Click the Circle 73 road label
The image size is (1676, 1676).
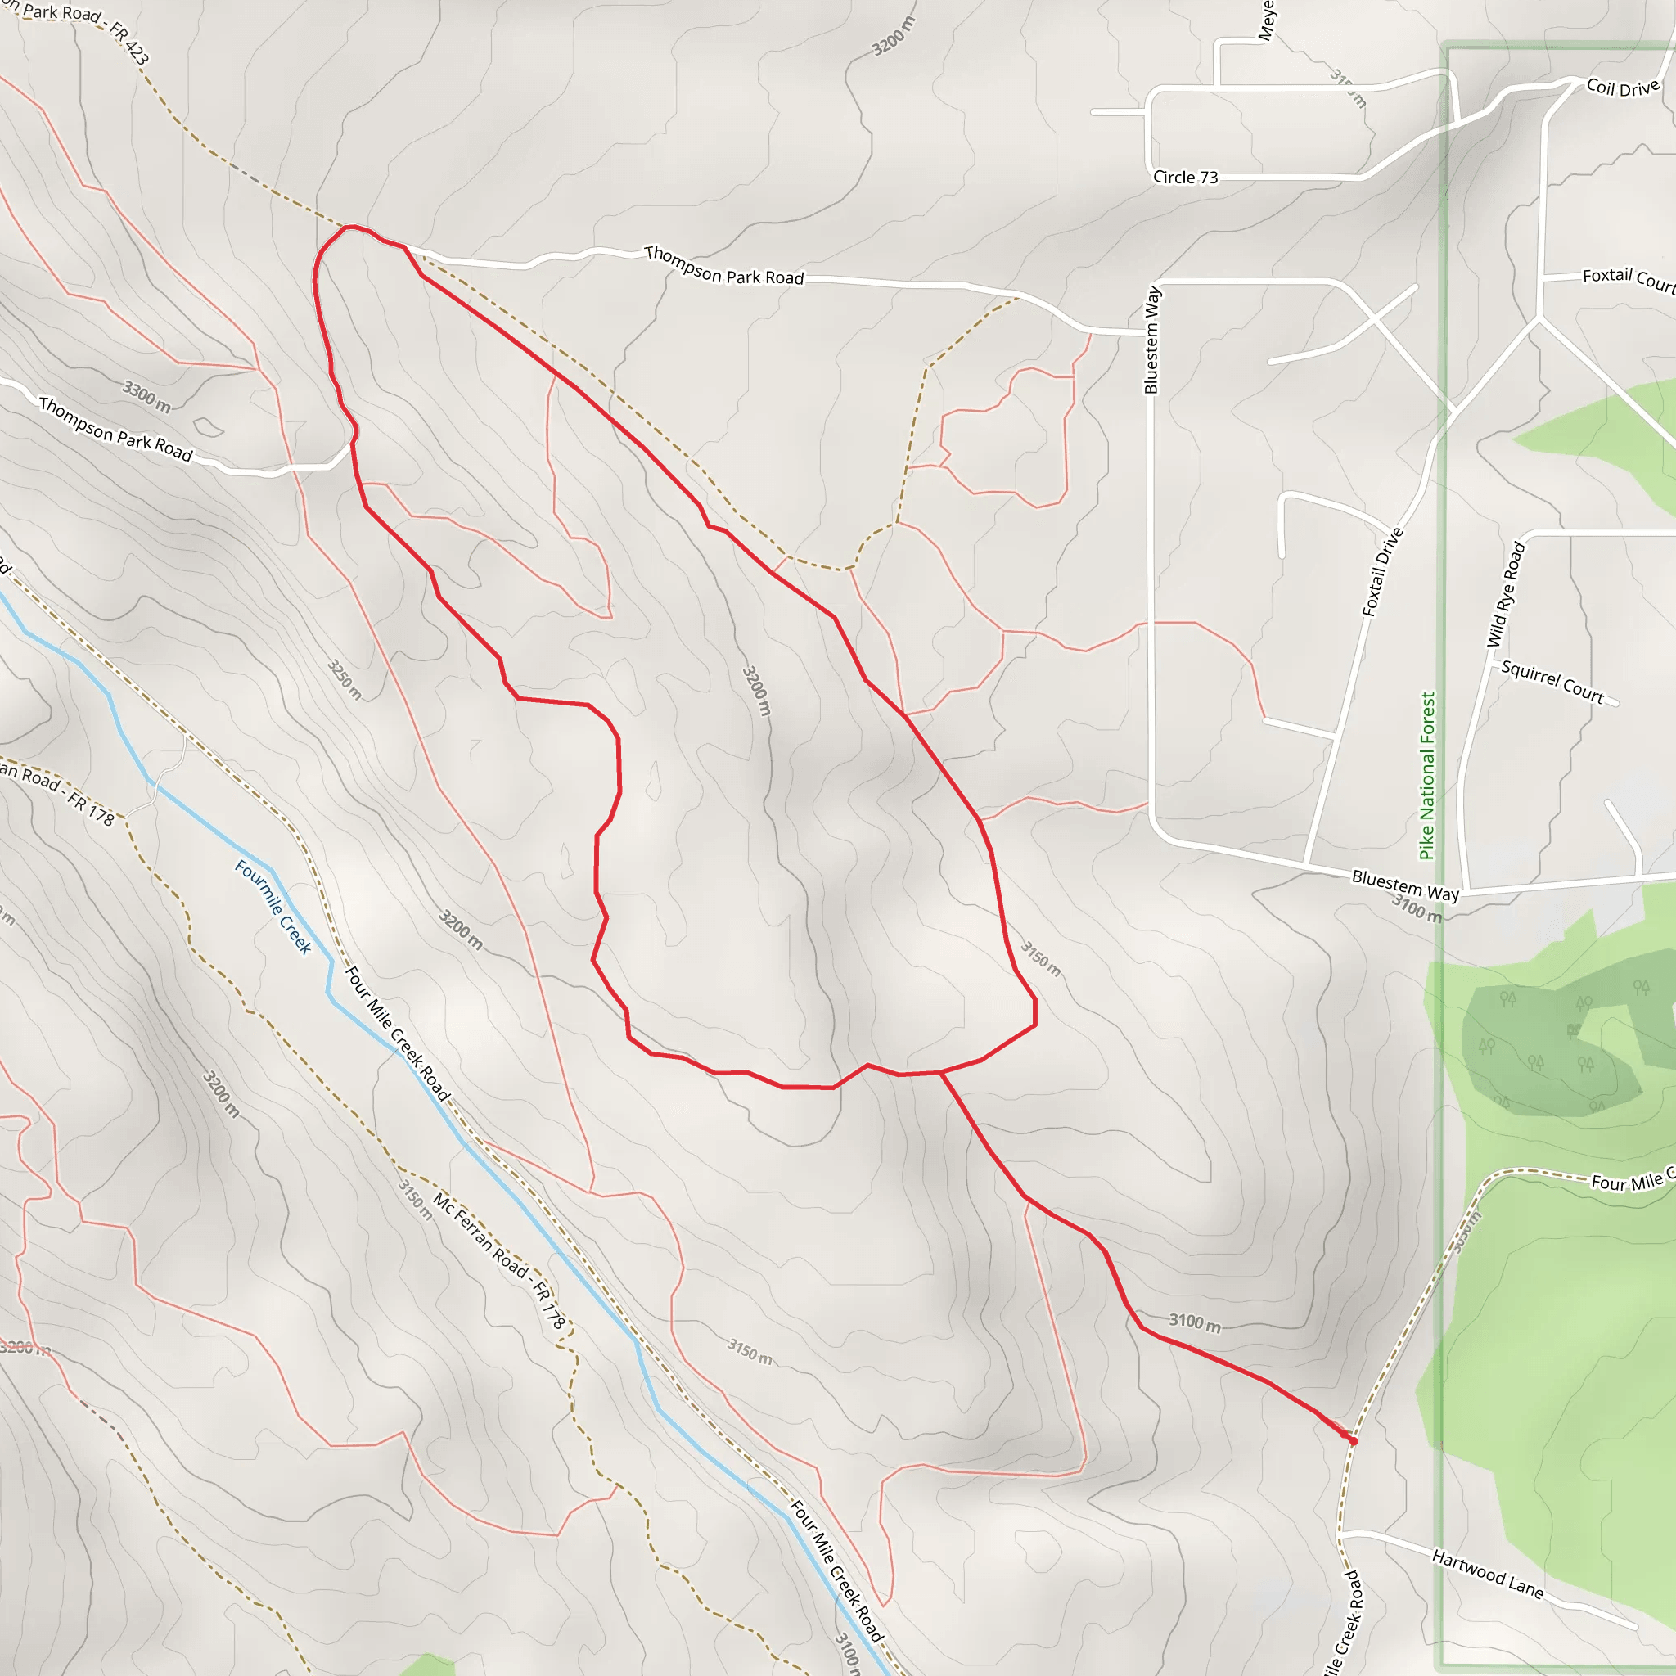[x=1185, y=177]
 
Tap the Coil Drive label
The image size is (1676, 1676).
[x=1622, y=88]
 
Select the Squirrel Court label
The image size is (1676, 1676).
[x=1552, y=681]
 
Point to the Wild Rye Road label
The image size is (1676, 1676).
[x=1505, y=594]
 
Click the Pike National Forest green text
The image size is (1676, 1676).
[x=1427, y=775]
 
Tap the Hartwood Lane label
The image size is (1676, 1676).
[x=1488, y=1574]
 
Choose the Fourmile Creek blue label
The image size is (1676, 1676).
[x=273, y=907]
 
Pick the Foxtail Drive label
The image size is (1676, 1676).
[x=1382, y=572]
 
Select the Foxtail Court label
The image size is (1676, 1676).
[x=1629, y=279]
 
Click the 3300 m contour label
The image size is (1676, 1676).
[x=146, y=395]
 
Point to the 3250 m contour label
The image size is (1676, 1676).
[x=345, y=679]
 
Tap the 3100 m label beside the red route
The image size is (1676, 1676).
[x=1195, y=1322]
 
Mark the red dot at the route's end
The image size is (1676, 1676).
[x=1353, y=1441]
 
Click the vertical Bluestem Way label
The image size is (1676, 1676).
[x=1152, y=340]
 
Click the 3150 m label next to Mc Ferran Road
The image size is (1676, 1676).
[x=415, y=1199]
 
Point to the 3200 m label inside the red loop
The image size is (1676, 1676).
[x=756, y=691]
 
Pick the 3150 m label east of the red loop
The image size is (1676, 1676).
[x=1040, y=958]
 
